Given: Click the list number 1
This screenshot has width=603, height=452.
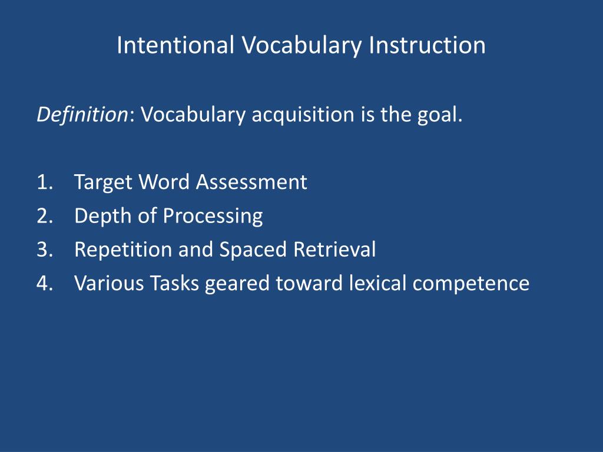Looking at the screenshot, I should (44, 182).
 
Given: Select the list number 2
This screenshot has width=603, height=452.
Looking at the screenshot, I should (44, 216).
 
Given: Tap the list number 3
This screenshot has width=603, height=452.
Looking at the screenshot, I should (44, 250).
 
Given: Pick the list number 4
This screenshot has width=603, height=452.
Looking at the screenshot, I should (44, 283).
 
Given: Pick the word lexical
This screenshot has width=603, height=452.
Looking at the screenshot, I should (378, 283).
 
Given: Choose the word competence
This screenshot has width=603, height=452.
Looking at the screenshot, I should (471, 283).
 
